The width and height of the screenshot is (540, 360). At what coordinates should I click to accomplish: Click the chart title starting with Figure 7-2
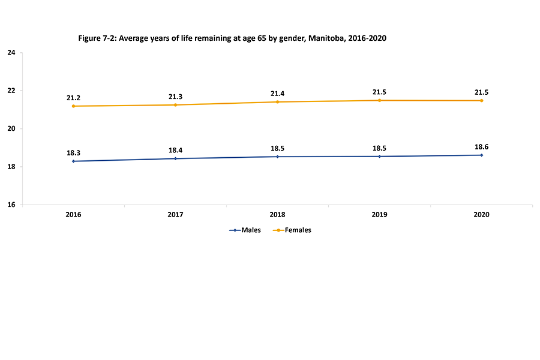(232, 38)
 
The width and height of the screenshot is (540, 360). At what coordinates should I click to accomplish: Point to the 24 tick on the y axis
(11, 53)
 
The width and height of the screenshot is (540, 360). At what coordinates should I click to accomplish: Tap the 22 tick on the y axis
(11, 91)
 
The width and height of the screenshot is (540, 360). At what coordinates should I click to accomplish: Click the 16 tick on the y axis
(11, 205)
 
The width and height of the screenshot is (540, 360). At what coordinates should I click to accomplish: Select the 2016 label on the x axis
(73, 214)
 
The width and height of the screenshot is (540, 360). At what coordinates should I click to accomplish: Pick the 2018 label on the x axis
(277, 214)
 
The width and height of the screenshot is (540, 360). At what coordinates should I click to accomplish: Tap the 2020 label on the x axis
(481, 214)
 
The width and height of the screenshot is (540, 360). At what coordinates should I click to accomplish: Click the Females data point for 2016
(73, 106)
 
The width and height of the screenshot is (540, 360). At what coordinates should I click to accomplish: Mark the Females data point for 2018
(277, 102)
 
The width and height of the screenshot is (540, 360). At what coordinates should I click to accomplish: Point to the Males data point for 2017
(175, 158)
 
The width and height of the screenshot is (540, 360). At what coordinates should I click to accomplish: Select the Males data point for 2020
(481, 155)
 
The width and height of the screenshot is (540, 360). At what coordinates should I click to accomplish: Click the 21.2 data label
(73, 97)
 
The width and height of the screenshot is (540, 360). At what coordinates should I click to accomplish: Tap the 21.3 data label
(175, 95)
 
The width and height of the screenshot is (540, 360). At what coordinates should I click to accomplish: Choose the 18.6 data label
(481, 146)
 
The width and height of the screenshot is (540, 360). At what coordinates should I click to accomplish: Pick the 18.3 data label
(73, 152)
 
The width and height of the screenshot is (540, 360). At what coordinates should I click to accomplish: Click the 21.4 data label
(277, 93)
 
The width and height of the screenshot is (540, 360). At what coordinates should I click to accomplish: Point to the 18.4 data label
(175, 149)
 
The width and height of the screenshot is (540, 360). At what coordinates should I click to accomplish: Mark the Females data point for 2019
(379, 100)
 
